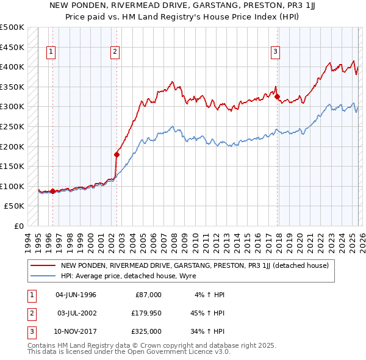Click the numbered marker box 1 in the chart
pos(50,52)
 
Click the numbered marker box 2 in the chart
pos(115,52)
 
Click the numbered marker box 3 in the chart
pos(276,52)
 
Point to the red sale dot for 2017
pos(278,96)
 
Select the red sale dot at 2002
pos(116,154)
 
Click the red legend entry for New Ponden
pos(195,265)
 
